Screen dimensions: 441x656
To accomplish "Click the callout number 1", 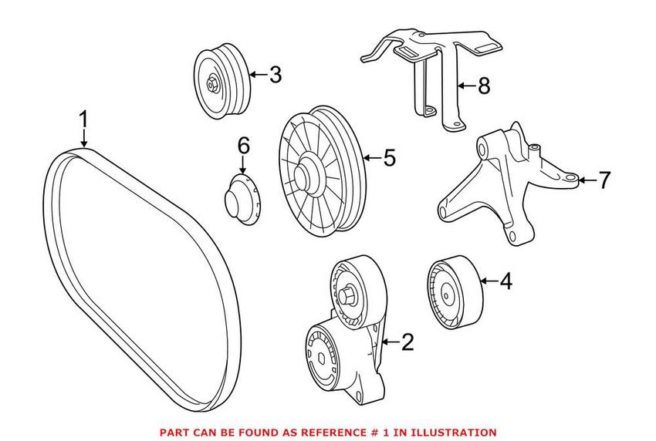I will click(83, 120).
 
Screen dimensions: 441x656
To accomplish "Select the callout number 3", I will click(275, 75).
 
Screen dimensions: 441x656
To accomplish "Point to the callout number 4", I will click(505, 281).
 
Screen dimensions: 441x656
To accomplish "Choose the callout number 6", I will click(243, 144).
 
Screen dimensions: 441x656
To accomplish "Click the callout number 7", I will click(604, 180).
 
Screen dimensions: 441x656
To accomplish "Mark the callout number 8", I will click(483, 86).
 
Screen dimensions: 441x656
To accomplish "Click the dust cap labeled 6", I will click(241, 197).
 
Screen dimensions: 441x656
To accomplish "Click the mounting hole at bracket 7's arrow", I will click(570, 180).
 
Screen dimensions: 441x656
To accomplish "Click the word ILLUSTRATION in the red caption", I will click(455, 433).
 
